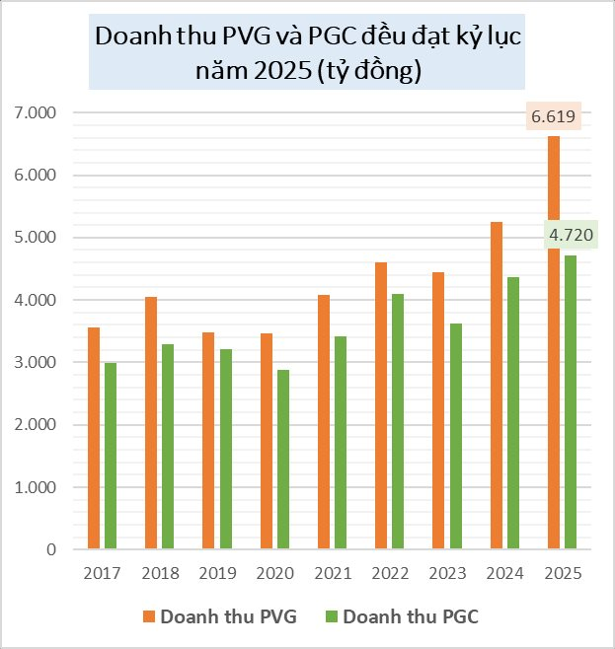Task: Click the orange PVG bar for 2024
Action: coord(497,386)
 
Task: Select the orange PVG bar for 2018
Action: coord(151,423)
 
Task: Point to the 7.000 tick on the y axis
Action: coord(38,113)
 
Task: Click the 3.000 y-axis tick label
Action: coord(38,363)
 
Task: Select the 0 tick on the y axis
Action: coord(51,549)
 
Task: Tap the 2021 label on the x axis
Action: coord(335,573)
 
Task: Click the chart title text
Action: coord(307,54)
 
